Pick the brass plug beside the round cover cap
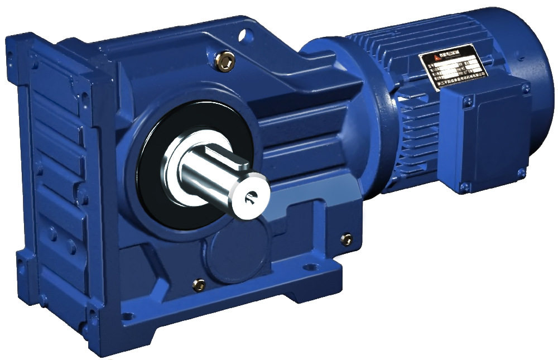tap(198, 284)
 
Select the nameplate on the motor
tap(453, 65)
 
